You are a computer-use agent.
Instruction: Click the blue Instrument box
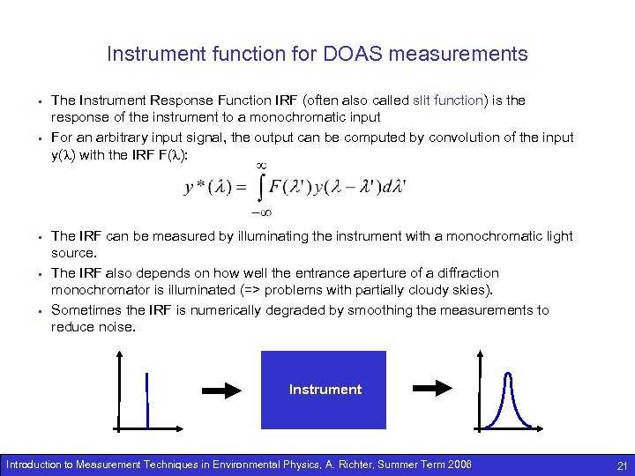click(324, 389)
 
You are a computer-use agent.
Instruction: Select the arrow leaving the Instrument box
click(433, 389)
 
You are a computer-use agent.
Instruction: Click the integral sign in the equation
click(260, 188)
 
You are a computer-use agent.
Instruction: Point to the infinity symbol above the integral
click(261, 164)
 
